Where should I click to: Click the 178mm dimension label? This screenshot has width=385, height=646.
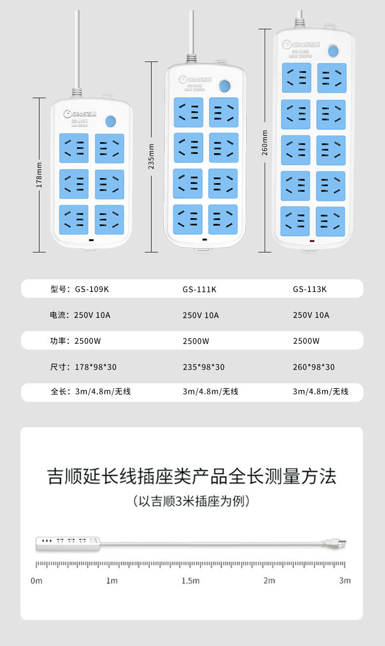(x=39, y=175)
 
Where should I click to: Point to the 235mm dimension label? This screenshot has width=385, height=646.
(x=151, y=156)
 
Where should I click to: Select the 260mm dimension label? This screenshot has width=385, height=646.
(x=265, y=142)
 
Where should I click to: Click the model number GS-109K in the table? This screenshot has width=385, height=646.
(x=92, y=289)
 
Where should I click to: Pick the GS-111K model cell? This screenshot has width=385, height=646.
(x=199, y=289)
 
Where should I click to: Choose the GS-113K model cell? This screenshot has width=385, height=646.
(x=310, y=289)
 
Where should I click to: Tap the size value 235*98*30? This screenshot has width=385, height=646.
(x=204, y=367)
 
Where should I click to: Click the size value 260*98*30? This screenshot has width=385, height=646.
(x=314, y=367)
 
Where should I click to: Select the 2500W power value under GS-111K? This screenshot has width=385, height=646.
(x=196, y=341)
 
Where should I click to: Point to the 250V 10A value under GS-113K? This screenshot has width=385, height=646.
(x=311, y=315)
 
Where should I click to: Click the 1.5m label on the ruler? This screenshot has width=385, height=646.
(x=191, y=581)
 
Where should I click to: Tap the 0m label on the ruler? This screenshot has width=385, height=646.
(x=37, y=581)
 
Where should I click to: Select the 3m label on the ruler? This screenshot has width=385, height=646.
(x=345, y=581)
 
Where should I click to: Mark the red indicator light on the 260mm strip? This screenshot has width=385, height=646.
(x=312, y=241)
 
